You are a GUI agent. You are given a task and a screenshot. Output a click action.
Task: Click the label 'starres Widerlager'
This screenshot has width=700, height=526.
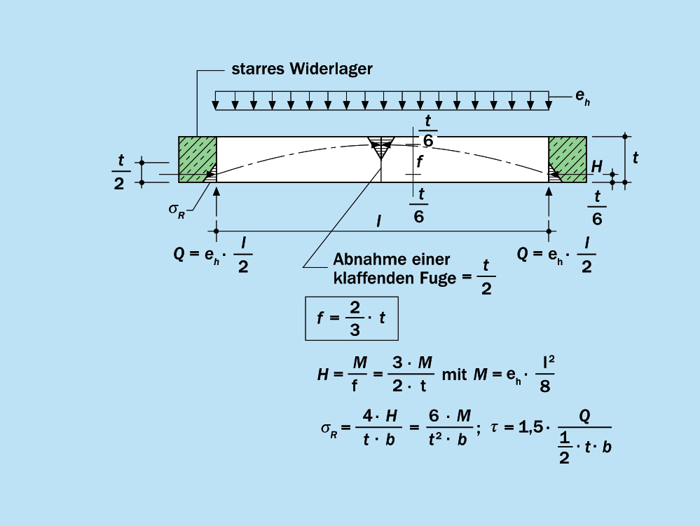[x=302, y=69]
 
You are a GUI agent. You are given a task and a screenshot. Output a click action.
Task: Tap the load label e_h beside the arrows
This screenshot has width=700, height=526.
[x=582, y=97]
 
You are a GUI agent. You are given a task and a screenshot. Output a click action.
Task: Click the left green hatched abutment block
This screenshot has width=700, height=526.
[x=197, y=159]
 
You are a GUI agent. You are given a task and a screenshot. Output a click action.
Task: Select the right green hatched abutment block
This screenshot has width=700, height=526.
[x=568, y=159]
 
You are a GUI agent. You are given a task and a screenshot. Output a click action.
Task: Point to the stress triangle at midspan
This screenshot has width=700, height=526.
[x=381, y=149]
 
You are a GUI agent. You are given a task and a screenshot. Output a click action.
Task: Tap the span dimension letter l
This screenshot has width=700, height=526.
[x=378, y=221]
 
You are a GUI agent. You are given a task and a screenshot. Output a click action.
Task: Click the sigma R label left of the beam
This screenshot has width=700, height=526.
[x=177, y=210]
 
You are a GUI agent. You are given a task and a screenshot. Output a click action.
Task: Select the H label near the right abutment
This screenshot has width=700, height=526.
[x=596, y=166]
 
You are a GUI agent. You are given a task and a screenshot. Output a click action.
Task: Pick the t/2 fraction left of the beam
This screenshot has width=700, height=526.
[x=121, y=172]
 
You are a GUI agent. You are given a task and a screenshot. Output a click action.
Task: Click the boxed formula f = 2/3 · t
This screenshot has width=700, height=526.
[x=351, y=318]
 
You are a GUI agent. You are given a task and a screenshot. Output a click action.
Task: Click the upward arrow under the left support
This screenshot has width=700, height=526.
[x=217, y=203]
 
